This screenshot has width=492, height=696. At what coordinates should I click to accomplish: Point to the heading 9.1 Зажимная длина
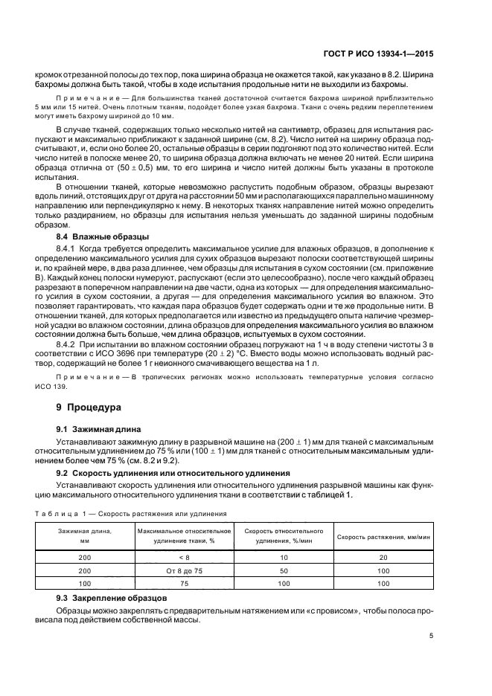[x=92, y=431]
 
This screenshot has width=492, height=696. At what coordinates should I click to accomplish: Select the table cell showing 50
[x=283, y=570]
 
